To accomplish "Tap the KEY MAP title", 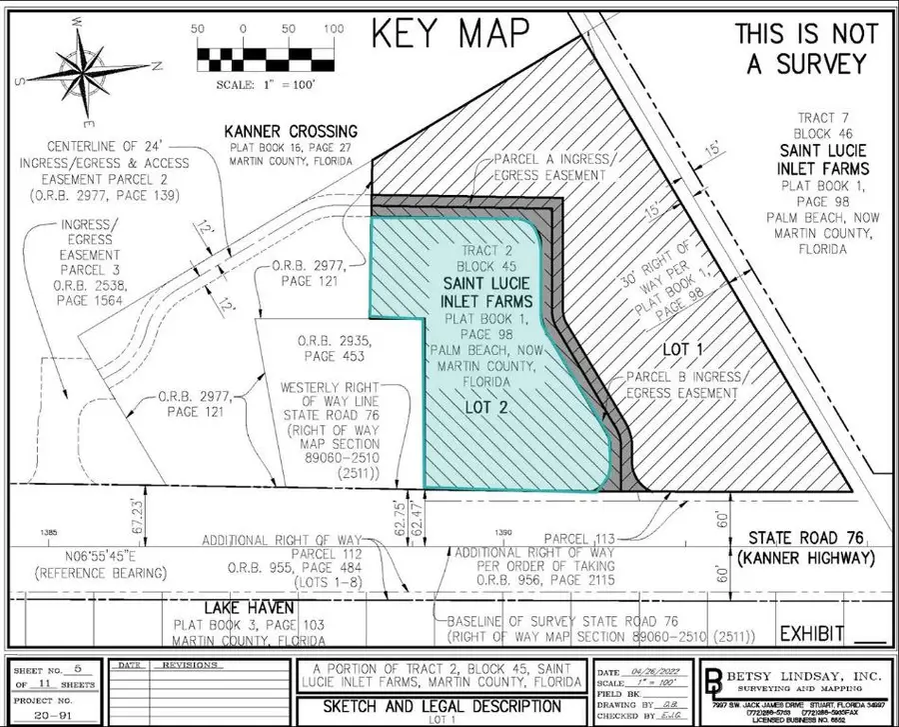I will tap(449, 32).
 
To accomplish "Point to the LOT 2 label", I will tap(485, 408).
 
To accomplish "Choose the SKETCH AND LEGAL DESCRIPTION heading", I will tap(439, 706).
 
